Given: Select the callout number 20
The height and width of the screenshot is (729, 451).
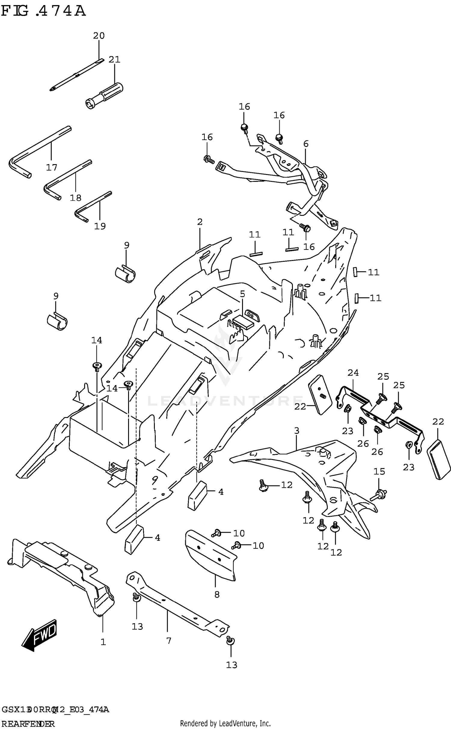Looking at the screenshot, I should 99,36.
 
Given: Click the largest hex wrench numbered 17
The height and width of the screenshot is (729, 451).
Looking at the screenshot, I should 39,150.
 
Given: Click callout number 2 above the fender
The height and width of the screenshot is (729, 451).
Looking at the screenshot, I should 200,222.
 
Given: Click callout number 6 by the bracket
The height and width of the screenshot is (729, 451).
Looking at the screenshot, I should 306,144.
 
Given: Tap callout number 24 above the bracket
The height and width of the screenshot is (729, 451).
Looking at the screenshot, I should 353,373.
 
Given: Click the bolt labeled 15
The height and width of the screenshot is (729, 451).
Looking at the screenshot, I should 379,494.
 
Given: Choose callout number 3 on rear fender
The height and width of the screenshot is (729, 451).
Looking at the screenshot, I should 296,430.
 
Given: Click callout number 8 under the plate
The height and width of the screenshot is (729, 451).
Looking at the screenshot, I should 217,594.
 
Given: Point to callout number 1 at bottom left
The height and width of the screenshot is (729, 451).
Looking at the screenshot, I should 103,642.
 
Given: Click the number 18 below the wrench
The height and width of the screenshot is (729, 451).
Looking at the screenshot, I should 75,198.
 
